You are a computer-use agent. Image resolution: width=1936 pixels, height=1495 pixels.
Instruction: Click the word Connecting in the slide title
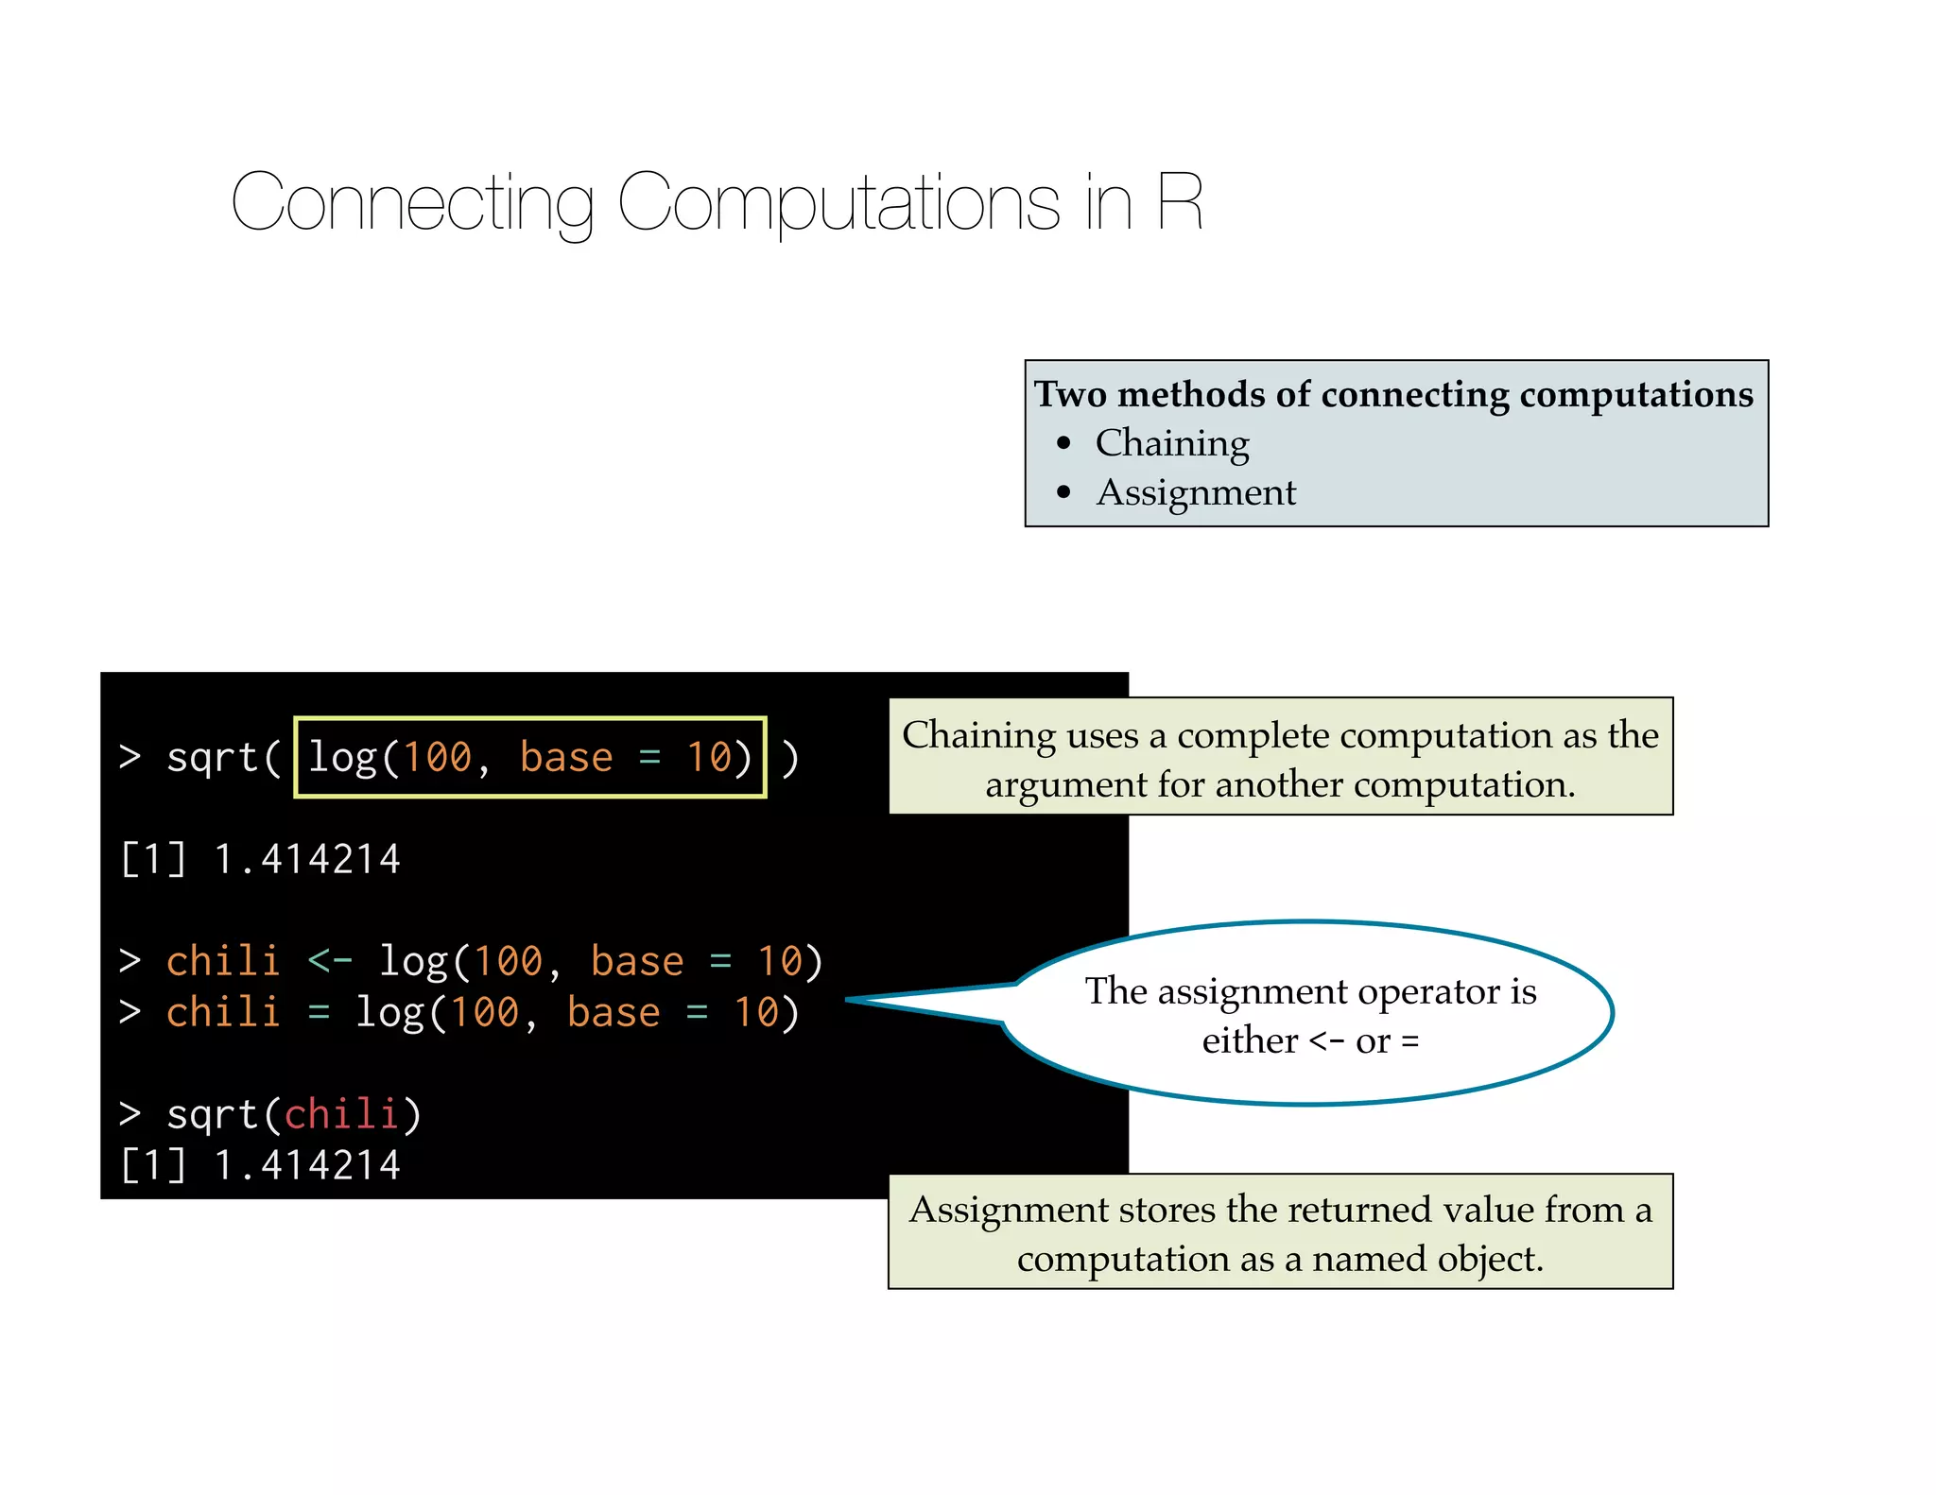[412, 202]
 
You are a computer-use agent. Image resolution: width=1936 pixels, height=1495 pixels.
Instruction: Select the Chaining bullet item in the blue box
[1172, 442]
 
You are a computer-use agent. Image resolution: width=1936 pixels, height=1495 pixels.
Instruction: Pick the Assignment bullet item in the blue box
[1196, 492]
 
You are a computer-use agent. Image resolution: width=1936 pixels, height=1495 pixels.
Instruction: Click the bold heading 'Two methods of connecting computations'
[1393, 394]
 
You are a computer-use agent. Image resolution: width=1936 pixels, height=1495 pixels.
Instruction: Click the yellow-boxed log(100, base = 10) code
[529, 757]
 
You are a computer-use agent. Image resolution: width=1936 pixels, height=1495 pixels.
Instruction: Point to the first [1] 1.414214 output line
[261, 859]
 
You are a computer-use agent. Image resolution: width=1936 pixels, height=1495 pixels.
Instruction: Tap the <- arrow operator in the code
[330, 961]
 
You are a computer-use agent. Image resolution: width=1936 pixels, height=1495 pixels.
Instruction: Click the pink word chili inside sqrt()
[340, 1114]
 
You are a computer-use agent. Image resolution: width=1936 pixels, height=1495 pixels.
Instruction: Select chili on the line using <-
[223, 961]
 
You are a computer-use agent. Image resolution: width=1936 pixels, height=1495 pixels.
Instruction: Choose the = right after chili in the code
[319, 1013]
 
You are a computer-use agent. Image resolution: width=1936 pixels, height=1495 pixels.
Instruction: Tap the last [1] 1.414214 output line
[261, 1165]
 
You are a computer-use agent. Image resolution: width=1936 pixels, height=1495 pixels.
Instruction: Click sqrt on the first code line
[212, 757]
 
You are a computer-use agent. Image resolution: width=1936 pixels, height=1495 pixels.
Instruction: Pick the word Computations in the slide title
[838, 202]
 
